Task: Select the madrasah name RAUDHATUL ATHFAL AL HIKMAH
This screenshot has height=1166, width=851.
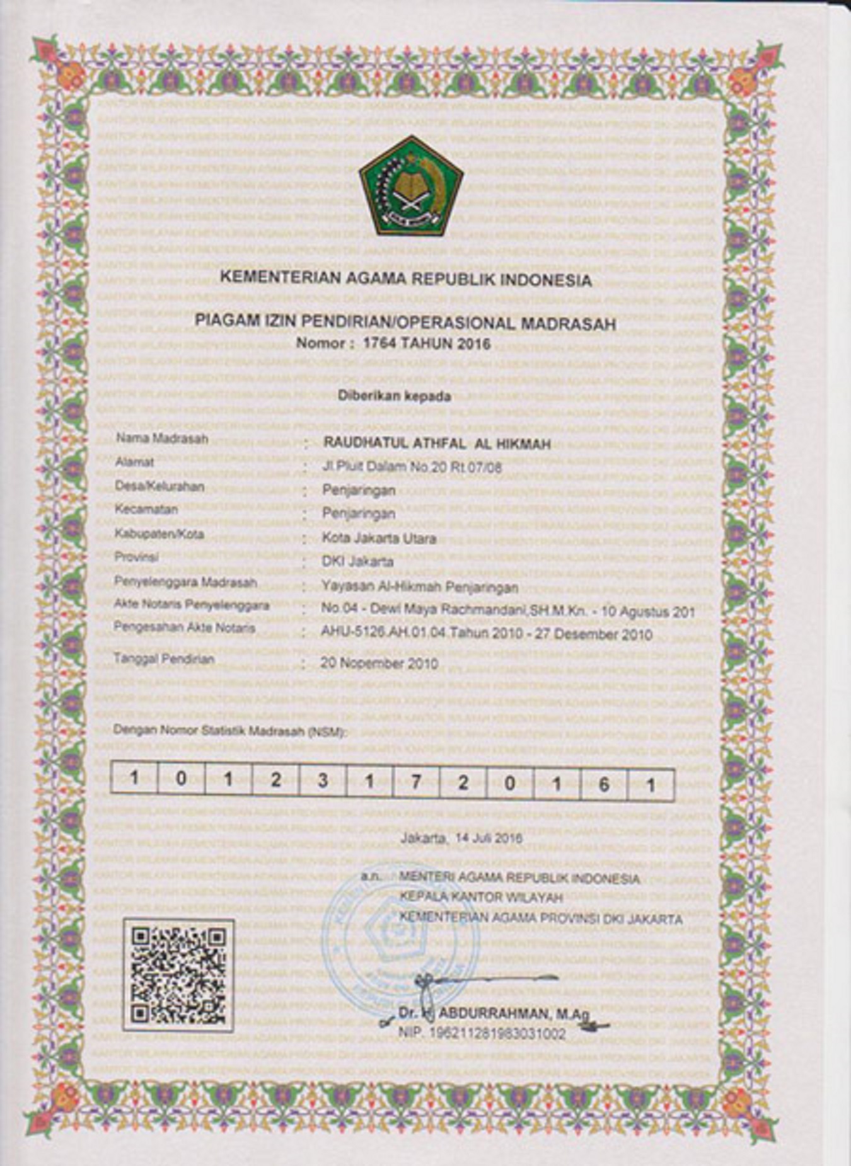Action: coord(437,443)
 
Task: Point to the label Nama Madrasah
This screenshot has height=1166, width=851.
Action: coord(161,438)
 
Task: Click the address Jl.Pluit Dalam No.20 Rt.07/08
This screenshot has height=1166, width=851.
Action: coord(412,467)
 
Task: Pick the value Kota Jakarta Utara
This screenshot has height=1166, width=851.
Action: coord(379,539)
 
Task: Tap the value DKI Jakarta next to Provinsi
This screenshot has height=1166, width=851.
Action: coord(357,561)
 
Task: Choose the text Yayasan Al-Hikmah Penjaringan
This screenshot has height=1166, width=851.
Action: coord(420,587)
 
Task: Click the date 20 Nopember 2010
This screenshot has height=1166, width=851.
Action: coord(379,663)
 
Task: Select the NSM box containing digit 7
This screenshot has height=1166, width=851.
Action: coord(415,782)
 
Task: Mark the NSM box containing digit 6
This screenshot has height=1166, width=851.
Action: coord(603,784)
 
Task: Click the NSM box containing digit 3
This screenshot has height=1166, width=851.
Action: coord(323,781)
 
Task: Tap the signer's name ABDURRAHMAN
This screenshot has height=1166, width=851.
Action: coord(492,1014)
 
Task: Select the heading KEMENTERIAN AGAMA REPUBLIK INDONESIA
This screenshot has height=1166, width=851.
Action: coord(406,278)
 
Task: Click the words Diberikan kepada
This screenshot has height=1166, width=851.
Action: coord(395,396)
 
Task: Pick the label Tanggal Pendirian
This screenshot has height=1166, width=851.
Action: coord(164,659)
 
